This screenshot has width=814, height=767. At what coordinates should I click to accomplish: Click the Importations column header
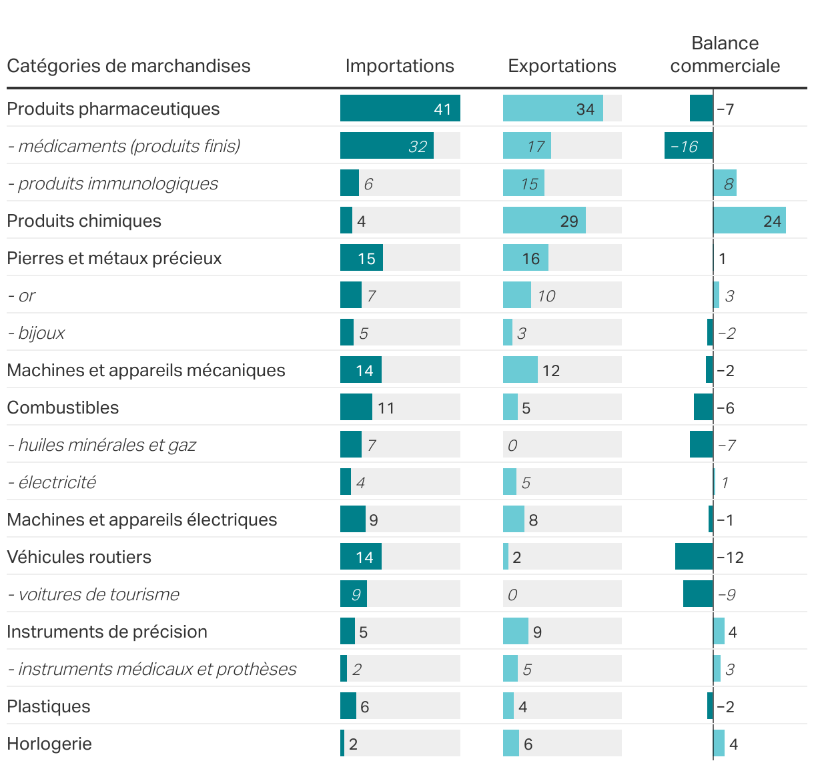click(x=399, y=66)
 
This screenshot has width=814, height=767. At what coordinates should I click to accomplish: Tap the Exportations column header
click(x=562, y=66)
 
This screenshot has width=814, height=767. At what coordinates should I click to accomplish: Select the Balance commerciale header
click(x=725, y=55)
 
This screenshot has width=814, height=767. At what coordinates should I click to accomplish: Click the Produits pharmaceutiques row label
click(x=113, y=109)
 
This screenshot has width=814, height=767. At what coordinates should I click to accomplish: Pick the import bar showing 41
click(x=400, y=109)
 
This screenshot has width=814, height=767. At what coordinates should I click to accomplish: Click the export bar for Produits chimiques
click(x=544, y=221)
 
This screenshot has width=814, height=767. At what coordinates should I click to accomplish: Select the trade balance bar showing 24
click(x=749, y=221)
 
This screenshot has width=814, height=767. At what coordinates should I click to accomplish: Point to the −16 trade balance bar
click(x=688, y=146)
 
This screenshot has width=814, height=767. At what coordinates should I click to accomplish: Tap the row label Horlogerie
click(x=49, y=744)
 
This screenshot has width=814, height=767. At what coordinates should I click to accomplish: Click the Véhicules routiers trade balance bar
click(x=694, y=557)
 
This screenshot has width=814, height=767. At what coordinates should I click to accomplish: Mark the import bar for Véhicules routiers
click(x=360, y=557)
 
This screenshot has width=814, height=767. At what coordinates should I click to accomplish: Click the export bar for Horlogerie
click(x=510, y=744)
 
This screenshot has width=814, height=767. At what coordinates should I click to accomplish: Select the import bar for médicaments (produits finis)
click(x=386, y=146)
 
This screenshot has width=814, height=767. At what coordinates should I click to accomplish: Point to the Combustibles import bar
click(x=356, y=408)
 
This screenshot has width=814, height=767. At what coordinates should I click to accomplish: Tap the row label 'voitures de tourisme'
click(x=93, y=594)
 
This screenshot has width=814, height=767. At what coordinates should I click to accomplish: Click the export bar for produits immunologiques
click(x=523, y=183)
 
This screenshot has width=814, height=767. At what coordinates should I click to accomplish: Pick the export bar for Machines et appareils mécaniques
click(x=520, y=370)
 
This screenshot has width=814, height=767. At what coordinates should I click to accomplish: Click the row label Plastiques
click(x=48, y=706)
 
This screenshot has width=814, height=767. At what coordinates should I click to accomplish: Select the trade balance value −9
click(x=727, y=594)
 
